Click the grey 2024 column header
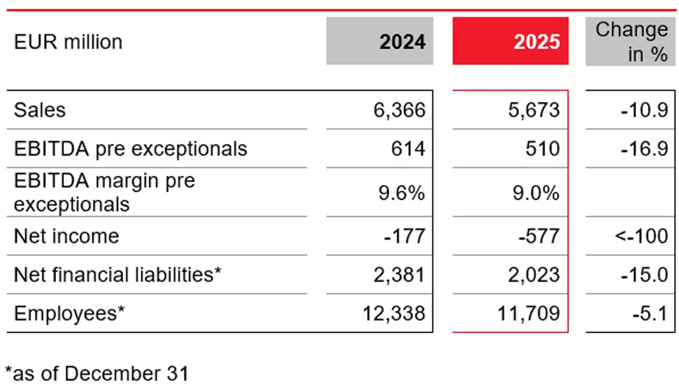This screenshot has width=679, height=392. click(x=380, y=41)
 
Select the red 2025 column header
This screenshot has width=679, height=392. click(x=510, y=41)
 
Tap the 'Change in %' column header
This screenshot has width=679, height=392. click(x=631, y=41)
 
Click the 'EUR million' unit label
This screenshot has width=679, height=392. click(x=68, y=42)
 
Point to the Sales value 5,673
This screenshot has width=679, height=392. click(x=535, y=110)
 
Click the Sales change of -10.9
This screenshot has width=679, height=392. click(x=642, y=110)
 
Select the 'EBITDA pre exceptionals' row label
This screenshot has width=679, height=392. click(x=130, y=149)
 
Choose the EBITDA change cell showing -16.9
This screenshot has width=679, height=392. click(x=642, y=149)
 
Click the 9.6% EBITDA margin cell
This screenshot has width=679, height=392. click(x=402, y=193)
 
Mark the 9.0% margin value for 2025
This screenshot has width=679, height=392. click(x=535, y=193)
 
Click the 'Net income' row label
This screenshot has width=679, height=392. click(x=66, y=236)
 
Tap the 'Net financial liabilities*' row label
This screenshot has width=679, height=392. click(x=117, y=275)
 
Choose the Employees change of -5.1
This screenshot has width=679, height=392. click(x=648, y=313)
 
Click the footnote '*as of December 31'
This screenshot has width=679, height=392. click(x=96, y=374)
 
